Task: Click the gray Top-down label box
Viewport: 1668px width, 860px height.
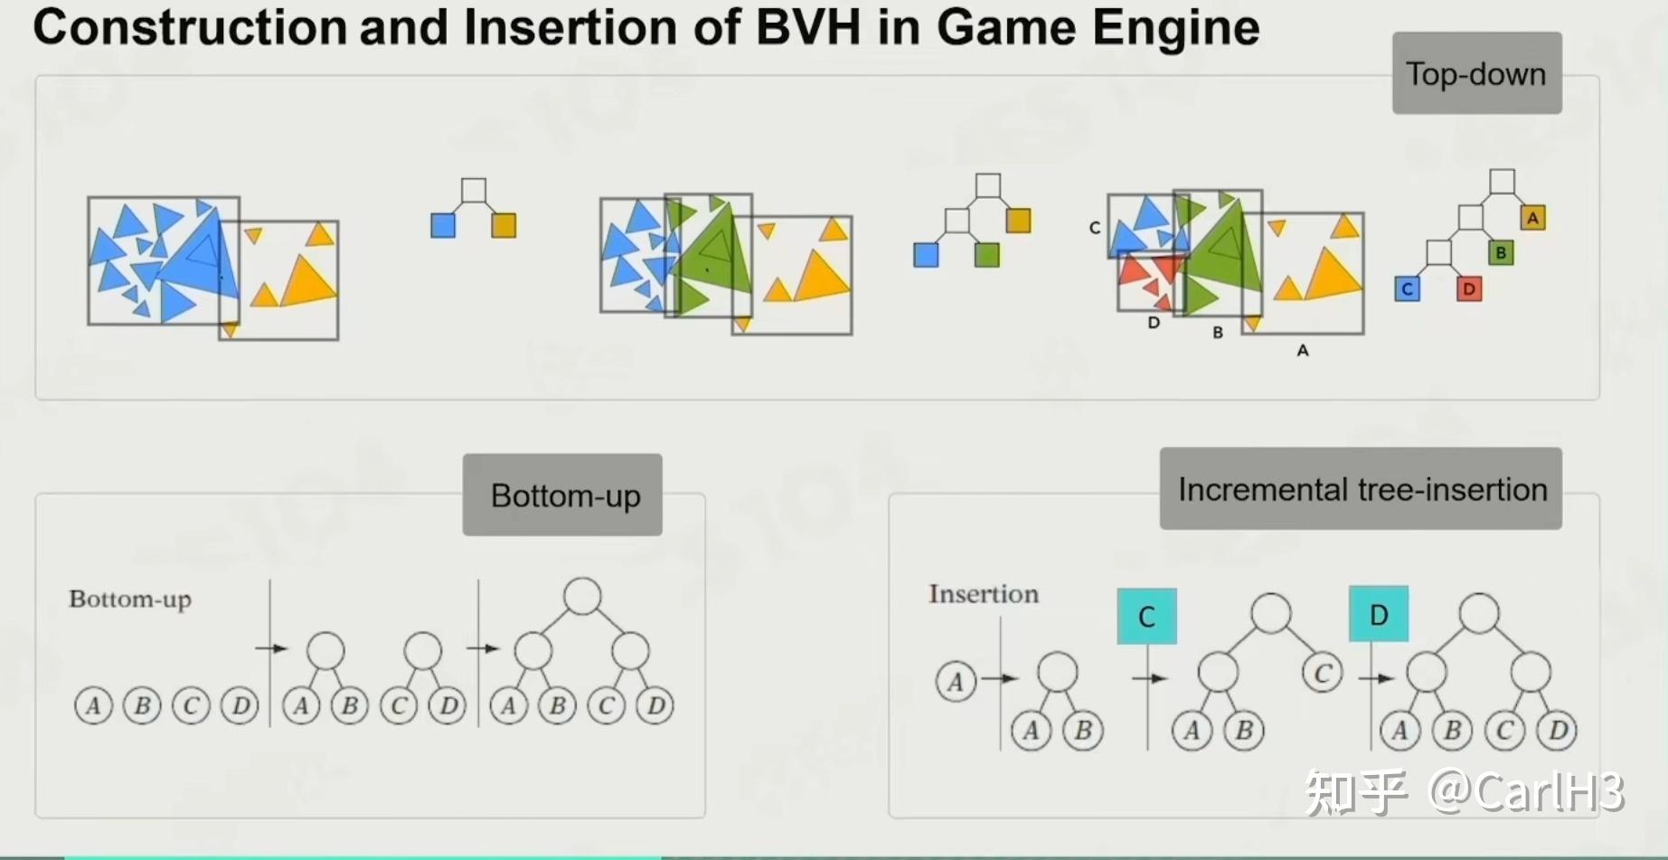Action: [1476, 73]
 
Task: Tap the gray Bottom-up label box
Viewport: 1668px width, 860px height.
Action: [562, 495]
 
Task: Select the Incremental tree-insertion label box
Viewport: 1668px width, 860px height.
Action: [1361, 489]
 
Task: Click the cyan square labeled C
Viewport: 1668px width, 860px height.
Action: [1146, 616]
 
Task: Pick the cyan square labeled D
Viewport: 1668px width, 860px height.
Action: [1378, 614]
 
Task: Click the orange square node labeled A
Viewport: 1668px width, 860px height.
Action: [1532, 218]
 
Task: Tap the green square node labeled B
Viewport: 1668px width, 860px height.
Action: [1501, 252]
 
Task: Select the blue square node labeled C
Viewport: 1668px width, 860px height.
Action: [1407, 289]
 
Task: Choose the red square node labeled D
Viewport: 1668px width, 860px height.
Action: [1469, 289]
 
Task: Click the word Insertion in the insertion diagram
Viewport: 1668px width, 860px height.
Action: [984, 594]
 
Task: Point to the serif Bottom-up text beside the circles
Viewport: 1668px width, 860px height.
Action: [130, 600]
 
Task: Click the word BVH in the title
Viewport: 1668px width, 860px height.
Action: [807, 27]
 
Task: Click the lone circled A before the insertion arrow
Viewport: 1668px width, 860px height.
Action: [956, 681]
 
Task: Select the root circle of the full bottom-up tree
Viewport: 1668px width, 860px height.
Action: [582, 597]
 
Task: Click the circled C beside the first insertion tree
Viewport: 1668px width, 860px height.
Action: [1322, 673]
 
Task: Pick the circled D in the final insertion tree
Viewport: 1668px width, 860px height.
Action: [1558, 730]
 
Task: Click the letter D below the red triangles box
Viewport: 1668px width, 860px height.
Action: [1154, 323]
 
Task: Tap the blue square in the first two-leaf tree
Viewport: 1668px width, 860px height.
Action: [443, 225]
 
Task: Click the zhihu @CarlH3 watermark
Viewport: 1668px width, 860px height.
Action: [1465, 792]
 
